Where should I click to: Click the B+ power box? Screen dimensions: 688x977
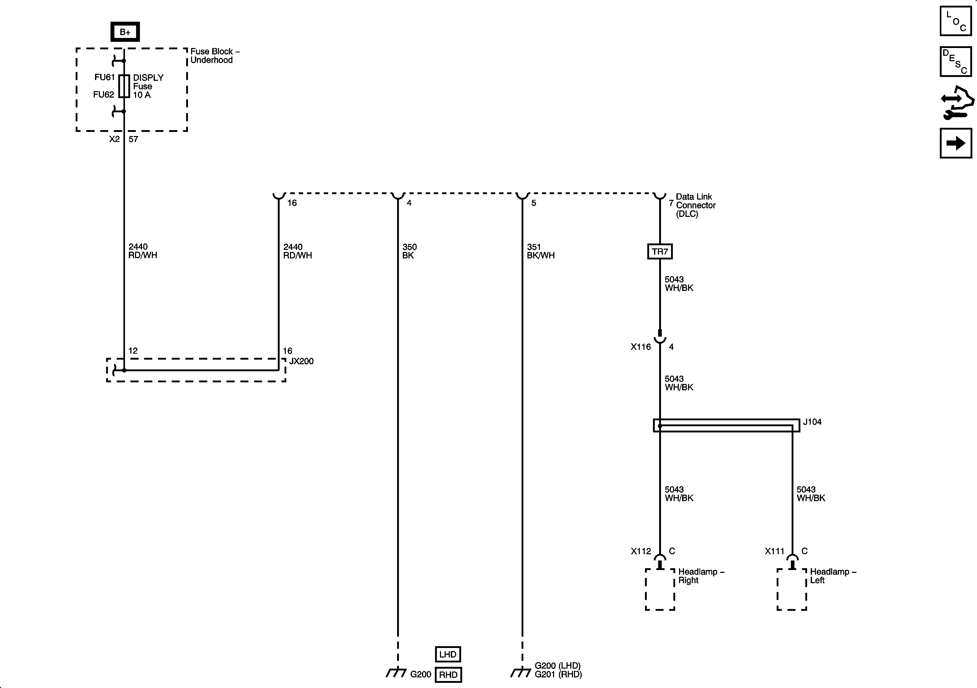[x=125, y=32]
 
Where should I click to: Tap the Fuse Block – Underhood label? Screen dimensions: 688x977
[x=215, y=56]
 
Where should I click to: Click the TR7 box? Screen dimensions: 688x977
[x=660, y=251]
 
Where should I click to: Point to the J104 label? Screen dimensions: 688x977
[x=812, y=422]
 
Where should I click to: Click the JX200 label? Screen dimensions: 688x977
[x=301, y=361]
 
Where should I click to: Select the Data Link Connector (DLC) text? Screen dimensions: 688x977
[x=695, y=205]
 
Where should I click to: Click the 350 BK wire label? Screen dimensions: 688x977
[x=409, y=251]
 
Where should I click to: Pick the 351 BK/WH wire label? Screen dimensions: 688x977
[x=540, y=251]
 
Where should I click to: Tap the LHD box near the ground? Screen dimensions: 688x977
[x=448, y=654]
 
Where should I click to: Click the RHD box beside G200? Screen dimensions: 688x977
[x=448, y=675]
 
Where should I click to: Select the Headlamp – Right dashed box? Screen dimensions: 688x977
[x=660, y=589]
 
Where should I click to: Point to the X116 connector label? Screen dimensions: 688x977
[x=640, y=347]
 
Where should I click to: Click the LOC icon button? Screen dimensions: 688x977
[x=956, y=21]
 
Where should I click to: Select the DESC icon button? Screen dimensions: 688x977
[x=956, y=62]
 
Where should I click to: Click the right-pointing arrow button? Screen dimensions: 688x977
[x=956, y=143]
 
